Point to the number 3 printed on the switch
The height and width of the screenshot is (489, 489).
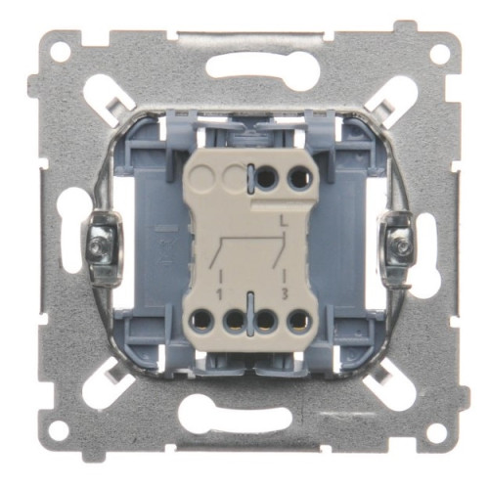pos(285,294)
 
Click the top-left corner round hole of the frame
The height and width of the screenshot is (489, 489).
pos(61,52)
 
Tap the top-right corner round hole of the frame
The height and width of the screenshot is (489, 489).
pos(440,52)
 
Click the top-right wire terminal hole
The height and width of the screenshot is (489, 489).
pos(300,179)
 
